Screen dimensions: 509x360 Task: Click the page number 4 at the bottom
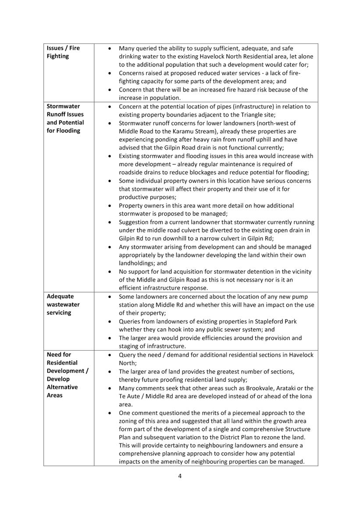click(x=180, y=476)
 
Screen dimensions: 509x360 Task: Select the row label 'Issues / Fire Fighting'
click(x=63, y=52)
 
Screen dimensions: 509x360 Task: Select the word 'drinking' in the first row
click(x=131, y=57)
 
